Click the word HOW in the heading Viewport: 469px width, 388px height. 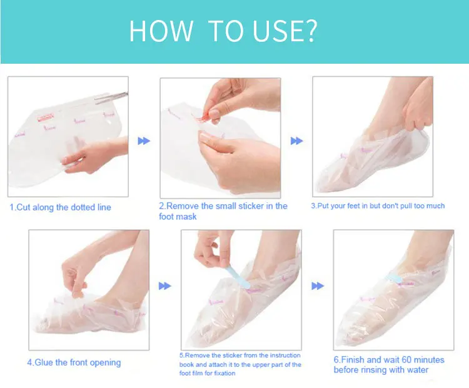click(x=161, y=31)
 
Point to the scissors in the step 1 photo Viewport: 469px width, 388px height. click(x=111, y=97)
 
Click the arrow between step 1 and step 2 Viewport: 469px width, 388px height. click(x=144, y=141)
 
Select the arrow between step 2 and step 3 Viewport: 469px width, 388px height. click(x=296, y=141)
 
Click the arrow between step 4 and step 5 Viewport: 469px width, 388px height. click(x=165, y=286)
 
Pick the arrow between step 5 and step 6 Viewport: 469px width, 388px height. click(x=318, y=286)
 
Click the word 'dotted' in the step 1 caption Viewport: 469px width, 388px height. click(x=83, y=207)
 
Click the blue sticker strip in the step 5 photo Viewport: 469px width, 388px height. click(x=238, y=277)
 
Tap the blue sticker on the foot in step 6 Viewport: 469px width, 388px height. click(x=394, y=278)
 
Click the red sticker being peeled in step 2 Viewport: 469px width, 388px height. click(x=202, y=118)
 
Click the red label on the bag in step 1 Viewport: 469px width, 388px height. click(x=45, y=117)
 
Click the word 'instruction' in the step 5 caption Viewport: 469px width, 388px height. click(x=285, y=355)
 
